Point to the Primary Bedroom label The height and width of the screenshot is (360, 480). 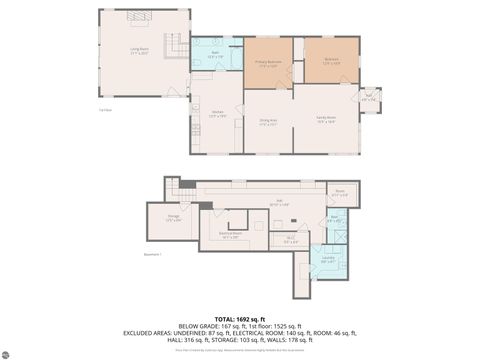(x=267, y=62)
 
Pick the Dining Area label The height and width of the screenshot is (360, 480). (x=267, y=122)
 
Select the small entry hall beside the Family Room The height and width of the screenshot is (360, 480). (x=368, y=98)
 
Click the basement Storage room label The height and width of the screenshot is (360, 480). (x=172, y=218)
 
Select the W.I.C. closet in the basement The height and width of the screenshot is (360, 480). (x=290, y=239)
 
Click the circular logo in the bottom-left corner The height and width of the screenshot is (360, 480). (x=8, y=352)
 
